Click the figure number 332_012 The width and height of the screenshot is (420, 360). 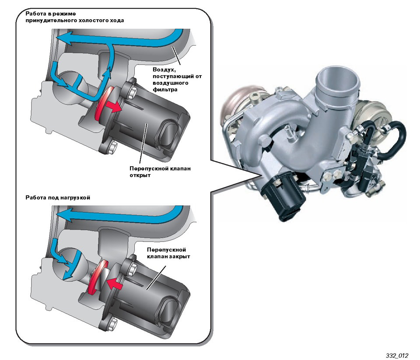click(x=397, y=356)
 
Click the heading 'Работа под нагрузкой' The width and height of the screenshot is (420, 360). click(x=58, y=198)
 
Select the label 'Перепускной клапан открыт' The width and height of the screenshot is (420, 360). click(x=160, y=172)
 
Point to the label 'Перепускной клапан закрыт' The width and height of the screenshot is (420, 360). click(x=168, y=253)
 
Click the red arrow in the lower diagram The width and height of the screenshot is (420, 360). click(x=114, y=283)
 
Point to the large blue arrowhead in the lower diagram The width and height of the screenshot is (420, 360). click(x=65, y=215)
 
